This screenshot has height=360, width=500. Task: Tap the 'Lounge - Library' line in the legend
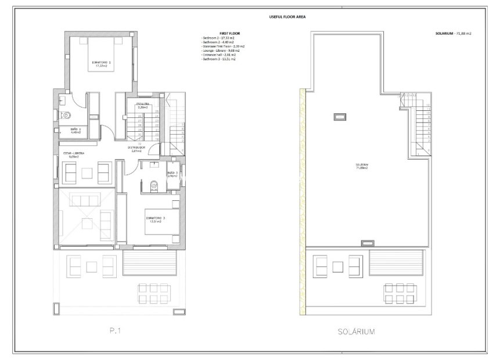[219, 51]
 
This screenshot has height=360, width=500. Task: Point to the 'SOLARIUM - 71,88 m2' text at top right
[453, 34]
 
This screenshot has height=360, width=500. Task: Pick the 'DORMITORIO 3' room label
[156, 219]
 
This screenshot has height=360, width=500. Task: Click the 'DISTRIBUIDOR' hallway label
[140, 149]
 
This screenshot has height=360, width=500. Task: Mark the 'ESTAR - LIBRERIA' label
[74, 154]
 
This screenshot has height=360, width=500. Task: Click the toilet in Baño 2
[66, 114]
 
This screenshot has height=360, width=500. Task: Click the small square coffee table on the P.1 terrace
[91, 267]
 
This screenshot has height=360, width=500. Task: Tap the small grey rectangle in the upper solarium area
[338, 117]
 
